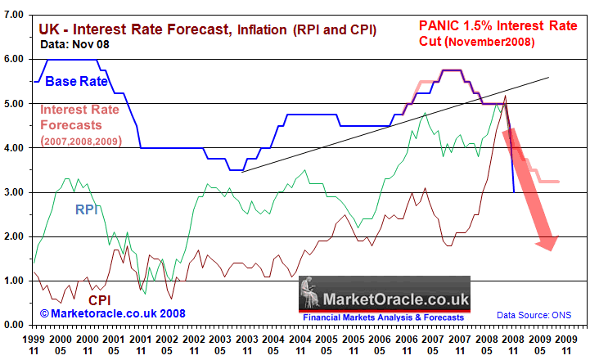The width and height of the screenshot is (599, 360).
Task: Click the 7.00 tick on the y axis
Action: pos(13,15)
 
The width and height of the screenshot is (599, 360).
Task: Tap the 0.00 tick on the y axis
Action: pos(13,325)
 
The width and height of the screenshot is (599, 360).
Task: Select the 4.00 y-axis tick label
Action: pos(13,148)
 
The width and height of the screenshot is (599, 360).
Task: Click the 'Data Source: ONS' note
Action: pos(533,315)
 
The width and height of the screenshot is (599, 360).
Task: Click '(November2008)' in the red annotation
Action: pos(489,42)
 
